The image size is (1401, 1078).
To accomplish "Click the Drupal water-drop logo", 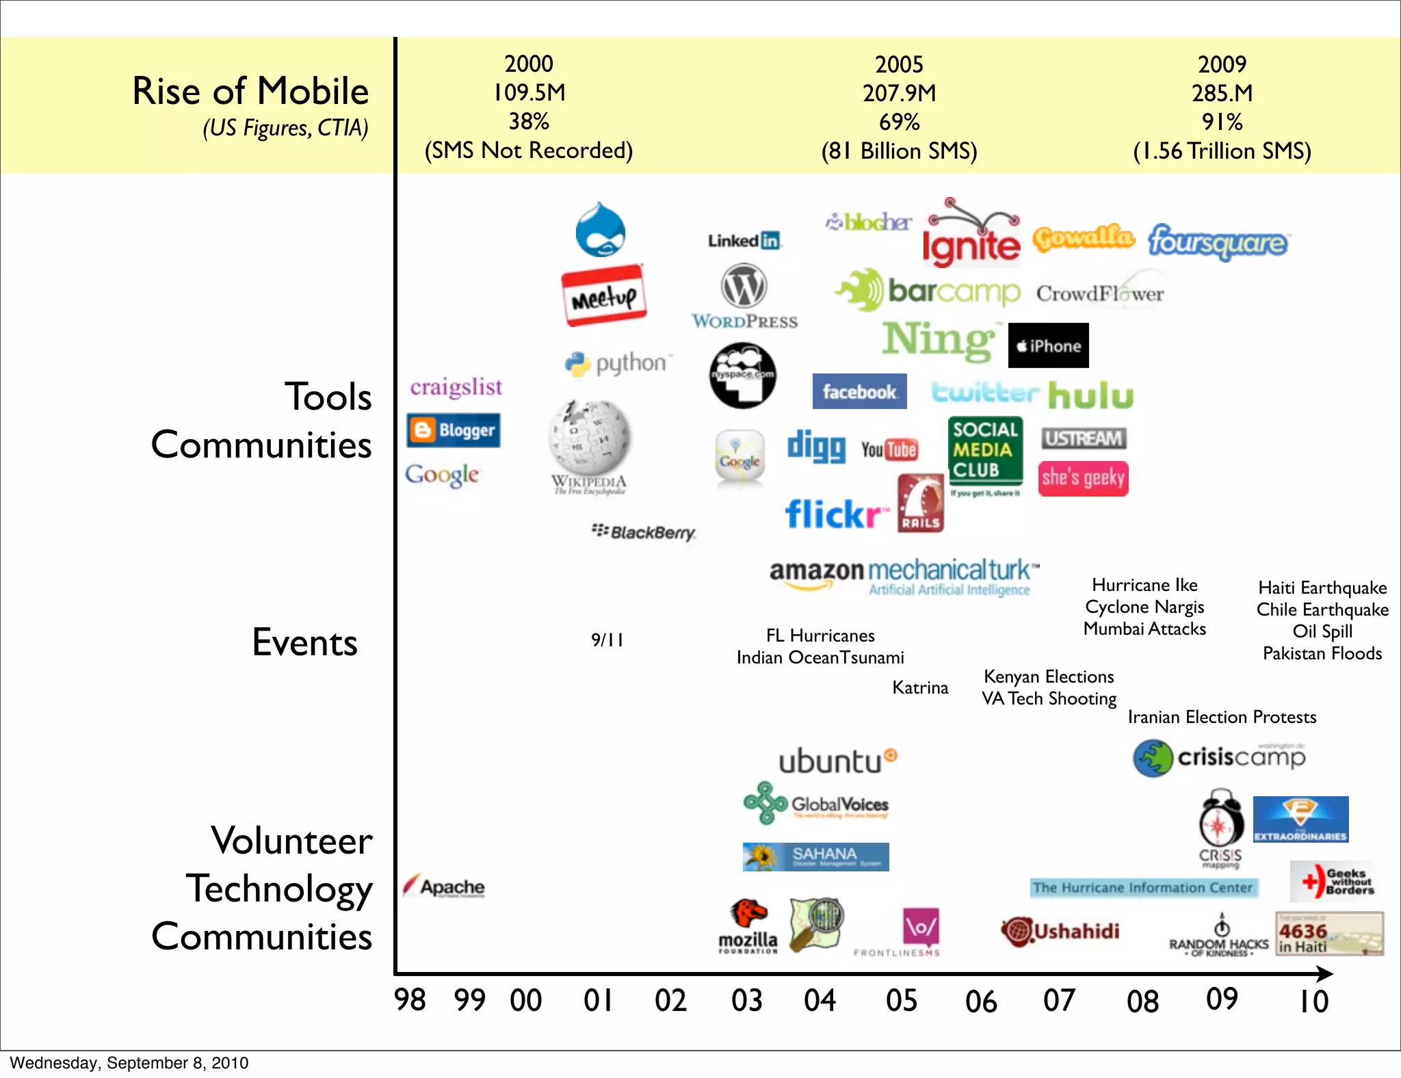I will point(600,230).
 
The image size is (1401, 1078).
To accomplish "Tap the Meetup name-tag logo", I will point(603,295).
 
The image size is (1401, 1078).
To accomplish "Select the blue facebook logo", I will point(859,391).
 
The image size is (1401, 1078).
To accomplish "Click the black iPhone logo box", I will point(1048,345).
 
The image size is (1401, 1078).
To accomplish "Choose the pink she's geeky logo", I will point(1083,477).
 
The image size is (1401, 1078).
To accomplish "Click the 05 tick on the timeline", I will point(901,1000).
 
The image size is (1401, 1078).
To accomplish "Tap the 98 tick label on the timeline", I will point(410,1000).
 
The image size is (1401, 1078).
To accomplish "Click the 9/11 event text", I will point(607,640).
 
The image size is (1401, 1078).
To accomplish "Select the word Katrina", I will point(920,687).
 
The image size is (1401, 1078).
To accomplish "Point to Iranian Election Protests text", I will point(1222,717).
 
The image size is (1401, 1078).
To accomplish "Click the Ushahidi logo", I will point(1060,931).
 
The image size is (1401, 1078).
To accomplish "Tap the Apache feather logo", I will point(445,886).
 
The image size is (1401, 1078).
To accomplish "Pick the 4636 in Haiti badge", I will point(1328,934).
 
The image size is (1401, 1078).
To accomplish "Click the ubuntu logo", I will point(837,761).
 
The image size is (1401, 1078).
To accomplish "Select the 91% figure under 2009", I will point(1222,122).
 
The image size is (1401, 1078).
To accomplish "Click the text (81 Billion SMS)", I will point(899,150).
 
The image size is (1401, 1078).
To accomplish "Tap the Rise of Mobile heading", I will point(250,91).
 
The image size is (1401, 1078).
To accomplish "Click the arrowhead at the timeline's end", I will point(1325,973).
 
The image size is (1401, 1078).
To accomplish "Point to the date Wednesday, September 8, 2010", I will point(129,1063).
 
